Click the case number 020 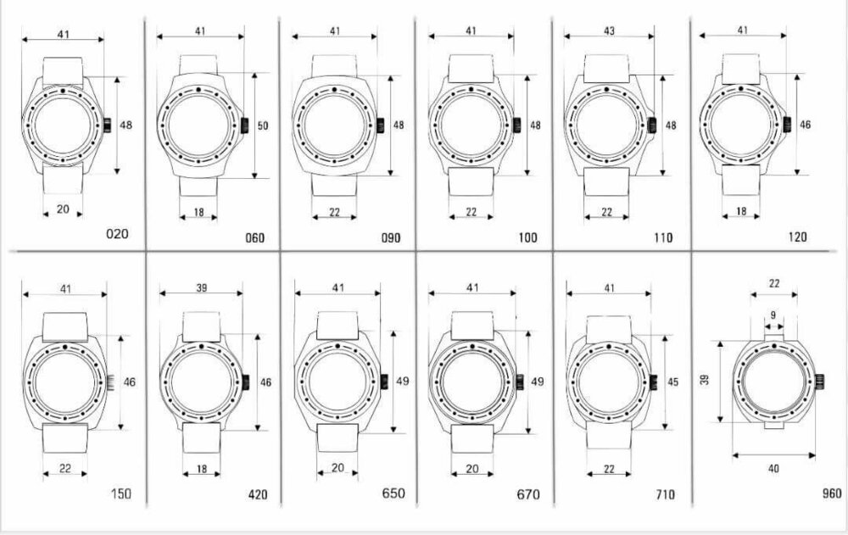(117, 234)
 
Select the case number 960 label (831, 493)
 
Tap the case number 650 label (393, 493)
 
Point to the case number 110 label (662, 237)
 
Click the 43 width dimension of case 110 (609, 31)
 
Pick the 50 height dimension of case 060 (262, 125)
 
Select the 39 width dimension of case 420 (201, 287)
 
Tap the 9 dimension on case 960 (773, 315)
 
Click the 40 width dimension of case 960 (773, 468)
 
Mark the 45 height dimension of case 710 (672, 382)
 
